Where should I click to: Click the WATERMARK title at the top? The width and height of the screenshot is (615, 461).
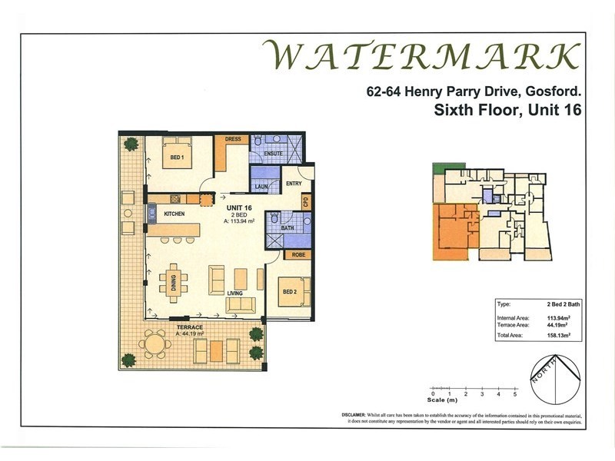(x=421, y=57)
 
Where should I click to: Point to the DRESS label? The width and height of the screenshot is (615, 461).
(x=233, y=140)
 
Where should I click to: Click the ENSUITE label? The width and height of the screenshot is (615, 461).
(x=274, y=154)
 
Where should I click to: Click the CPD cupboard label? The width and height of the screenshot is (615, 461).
(x=305, y=202)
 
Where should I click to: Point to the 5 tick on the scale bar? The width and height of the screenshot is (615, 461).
(x=515, y=393)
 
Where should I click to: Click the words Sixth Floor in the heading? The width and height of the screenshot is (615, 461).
(x=468, y=110)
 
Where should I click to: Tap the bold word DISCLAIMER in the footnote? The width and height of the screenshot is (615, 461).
(x=358, y=414)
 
